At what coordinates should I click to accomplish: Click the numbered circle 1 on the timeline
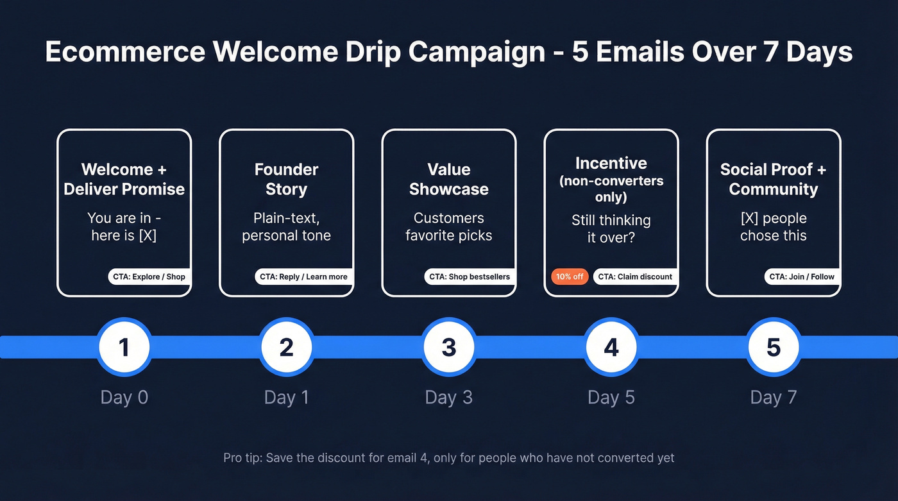pos(124,347)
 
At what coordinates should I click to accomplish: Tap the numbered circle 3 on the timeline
pos(449,347)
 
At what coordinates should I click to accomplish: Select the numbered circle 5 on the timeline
pos(774,347)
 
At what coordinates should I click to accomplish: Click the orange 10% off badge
pos(570,276)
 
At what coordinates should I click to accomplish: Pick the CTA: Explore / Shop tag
pos(149,276)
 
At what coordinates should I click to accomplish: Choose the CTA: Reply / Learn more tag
pos(303,276)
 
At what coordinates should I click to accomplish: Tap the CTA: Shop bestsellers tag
pos(470,276)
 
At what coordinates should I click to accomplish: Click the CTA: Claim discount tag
pos(635,276)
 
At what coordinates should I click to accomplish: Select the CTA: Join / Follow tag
pos(802,276)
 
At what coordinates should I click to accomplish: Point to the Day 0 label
pos(124,397)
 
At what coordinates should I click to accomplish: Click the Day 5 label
pos(611,397)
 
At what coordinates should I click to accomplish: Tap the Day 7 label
pos(774,397)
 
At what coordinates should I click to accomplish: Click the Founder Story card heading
pos(287,180)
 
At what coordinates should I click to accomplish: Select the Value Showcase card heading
pos(449,180)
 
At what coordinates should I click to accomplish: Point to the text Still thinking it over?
pos(611,229)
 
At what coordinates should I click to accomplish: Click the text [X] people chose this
pos(774,226)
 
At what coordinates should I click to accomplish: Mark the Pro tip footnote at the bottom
pos(449,458)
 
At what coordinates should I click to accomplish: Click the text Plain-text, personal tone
pos(287,226)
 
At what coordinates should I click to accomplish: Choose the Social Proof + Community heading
pos(774,180)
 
